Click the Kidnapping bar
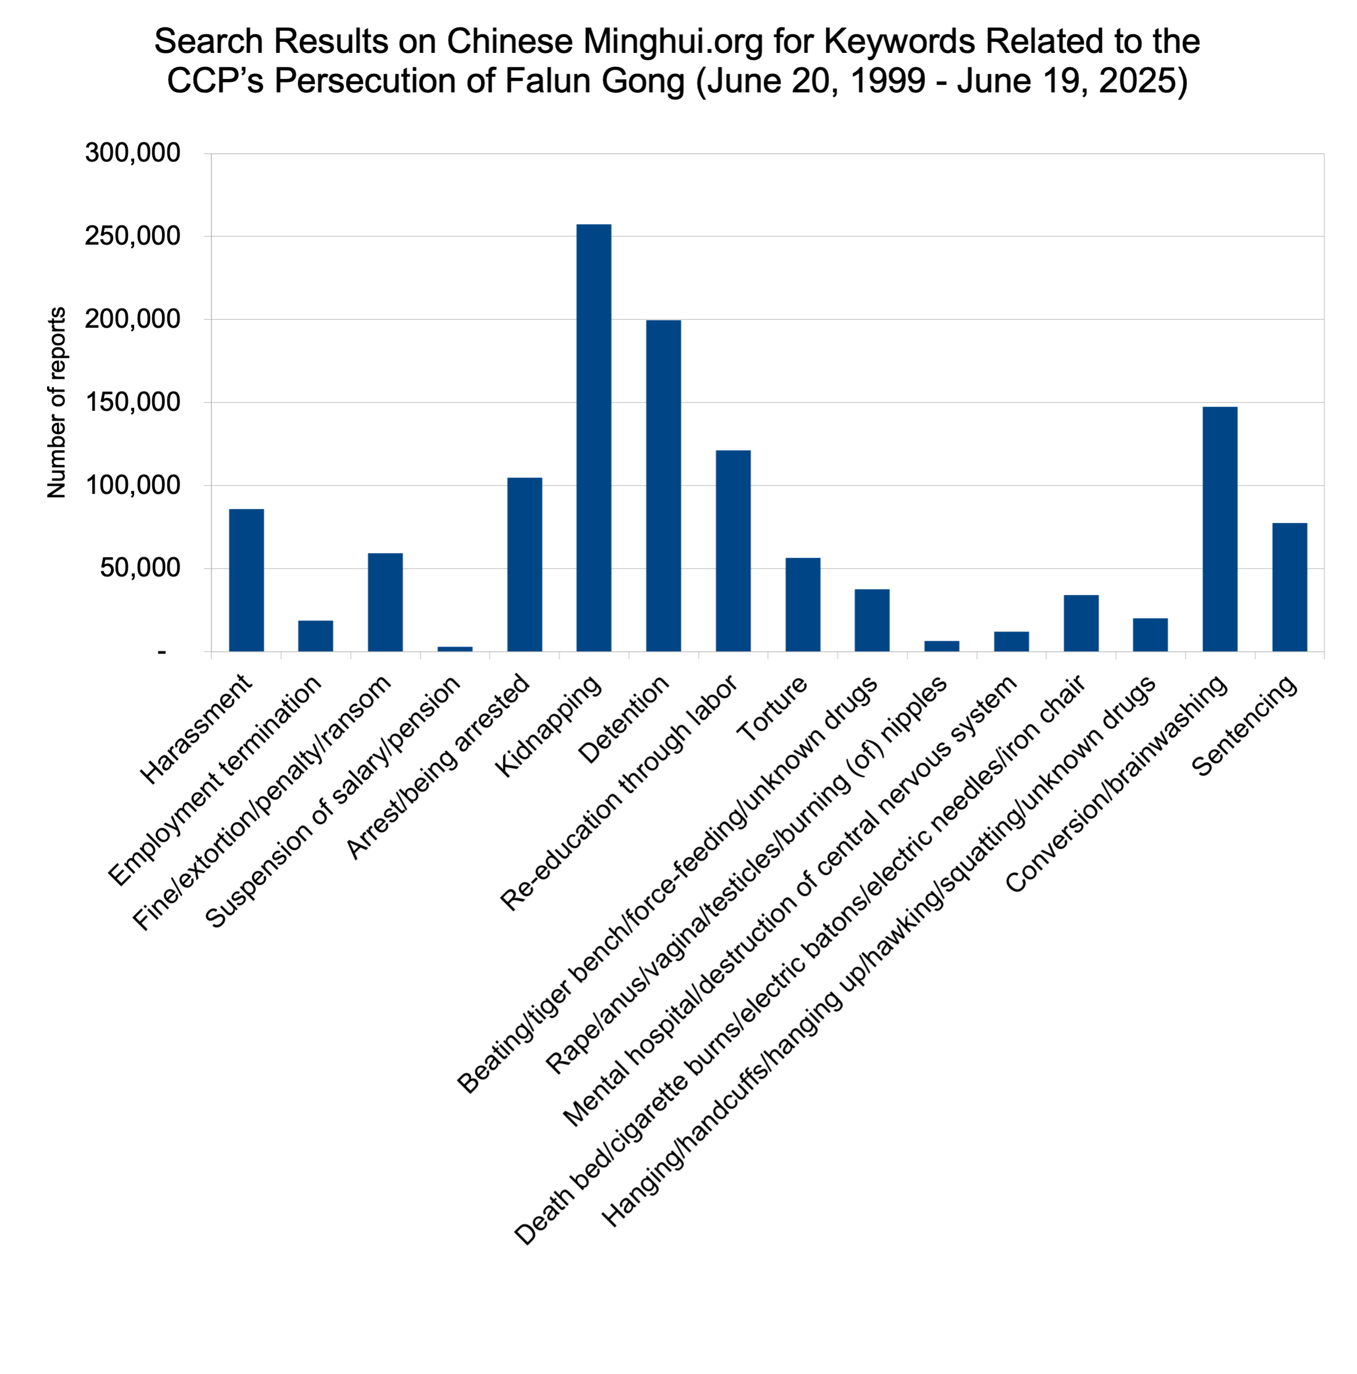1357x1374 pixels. click(x=593, y=437)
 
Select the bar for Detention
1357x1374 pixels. click(x=663, y=486)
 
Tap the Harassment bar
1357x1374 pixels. click(x=246, y=580)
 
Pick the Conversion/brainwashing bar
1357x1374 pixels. click(x=1220, y=529)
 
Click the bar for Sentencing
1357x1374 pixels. click(x=1290, y=587)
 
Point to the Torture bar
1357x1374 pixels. click(x=802, y=605)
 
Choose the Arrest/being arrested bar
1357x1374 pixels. click(x=524, y=564)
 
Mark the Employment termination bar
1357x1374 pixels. click(x=316, y=636)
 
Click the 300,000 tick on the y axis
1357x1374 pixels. click(x=133, y=153)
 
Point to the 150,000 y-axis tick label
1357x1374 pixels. click(x=133, y=403)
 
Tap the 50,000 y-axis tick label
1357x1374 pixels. click(x=140, y=568)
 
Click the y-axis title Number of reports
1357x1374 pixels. click(x=57, y=403)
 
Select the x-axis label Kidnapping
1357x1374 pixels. click(x=548, y=726)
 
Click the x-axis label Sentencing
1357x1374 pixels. click(x=1245, y=726)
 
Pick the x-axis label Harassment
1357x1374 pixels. click(x=196, y=730)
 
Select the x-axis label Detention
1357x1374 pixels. click(x=624, y=719)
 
